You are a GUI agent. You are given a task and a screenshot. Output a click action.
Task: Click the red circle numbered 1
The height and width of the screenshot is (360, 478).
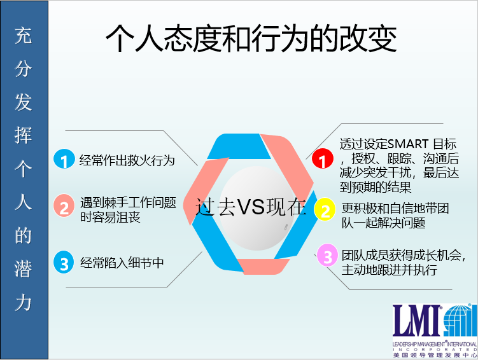pyautogui.click(x=323, y=158)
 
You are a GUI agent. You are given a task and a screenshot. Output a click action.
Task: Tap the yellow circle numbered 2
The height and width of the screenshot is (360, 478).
pyautogui.click(x=325, y=209)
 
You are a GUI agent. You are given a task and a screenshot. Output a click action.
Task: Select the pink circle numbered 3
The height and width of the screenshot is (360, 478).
pyautogui.click(x=327, y=255)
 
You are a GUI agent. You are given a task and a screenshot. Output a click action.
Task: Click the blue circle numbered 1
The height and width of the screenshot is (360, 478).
pyautogui.click(x=64, y=159)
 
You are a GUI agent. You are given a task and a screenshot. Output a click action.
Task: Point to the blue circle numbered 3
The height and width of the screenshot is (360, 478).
pyautogui.click(x=64, y=262)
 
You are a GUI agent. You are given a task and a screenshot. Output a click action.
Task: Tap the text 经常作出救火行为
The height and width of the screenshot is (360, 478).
pyautogui.click(x=127, y=160)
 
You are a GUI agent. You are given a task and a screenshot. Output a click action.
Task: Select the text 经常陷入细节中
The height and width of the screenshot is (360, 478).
pyautogui.click(x=122, y=263)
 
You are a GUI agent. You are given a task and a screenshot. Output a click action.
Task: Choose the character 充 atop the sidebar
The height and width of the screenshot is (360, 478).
pyautogui.click(x=23, y=36)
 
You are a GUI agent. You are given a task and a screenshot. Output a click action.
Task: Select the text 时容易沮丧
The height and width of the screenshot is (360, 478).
pyautogui.click(x=110, y=217)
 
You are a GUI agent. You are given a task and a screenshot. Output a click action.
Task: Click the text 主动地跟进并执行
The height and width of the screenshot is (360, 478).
pyautogui.click(x=389, y=270)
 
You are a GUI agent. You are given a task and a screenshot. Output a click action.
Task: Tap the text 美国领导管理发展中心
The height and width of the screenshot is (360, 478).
pyautogui.click(x=435, y=355)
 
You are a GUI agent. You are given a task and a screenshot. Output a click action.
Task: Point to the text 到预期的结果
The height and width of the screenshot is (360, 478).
pyautogui.click(x=376, y=187)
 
